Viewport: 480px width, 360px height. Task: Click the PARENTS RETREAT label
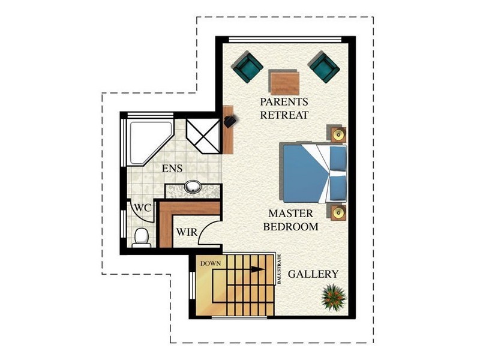(x=284, y=108)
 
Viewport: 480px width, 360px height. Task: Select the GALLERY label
(x=313, y=274)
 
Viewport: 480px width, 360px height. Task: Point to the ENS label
(x=172, y=169)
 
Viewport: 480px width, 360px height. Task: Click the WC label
(x=142, y=207)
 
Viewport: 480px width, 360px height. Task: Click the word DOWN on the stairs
(x=211, y=263)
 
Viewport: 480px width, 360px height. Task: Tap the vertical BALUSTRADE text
(x=279, y=269)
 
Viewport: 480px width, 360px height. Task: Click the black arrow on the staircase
(x=257, y=269)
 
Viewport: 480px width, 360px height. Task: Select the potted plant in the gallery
(x=333, y=296)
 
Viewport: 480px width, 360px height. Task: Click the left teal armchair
(x=247, y=67)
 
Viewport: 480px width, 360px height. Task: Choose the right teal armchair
(x=324, y=67)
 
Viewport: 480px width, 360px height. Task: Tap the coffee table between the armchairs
(x=284, y=83)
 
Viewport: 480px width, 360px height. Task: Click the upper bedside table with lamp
(x=338, y=134)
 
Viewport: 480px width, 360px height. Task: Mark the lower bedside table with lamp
(x=338, y=212)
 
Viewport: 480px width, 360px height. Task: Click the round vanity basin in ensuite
(x=193, y=187)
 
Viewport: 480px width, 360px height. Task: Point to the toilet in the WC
(x=142, y=237)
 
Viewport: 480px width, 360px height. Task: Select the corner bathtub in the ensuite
(x=146, y=140)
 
